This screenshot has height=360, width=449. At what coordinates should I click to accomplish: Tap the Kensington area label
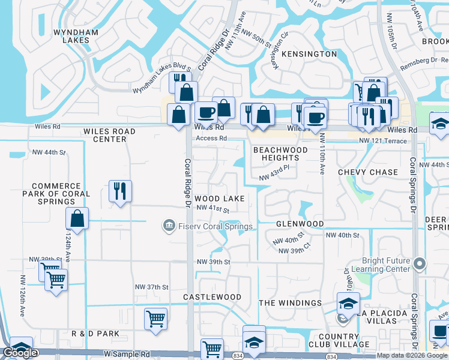coord(309,54)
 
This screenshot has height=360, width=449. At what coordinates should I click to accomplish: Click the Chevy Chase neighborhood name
coord(368,172)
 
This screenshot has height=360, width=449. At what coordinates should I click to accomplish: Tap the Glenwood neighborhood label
coord(300,224)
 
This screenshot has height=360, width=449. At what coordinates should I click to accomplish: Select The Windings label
coord(291,303)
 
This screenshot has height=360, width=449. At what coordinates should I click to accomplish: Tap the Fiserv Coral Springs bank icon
coord(169,226)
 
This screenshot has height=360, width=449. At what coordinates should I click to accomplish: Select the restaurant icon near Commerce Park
coord(119,191)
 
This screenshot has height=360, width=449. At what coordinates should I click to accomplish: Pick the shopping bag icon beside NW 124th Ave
coord(77,218)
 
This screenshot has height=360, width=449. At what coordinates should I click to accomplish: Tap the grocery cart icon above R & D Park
coord(155,318)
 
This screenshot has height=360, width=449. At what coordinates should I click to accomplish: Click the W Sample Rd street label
coord(126,355)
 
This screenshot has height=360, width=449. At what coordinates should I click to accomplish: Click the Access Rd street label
coord(211,139)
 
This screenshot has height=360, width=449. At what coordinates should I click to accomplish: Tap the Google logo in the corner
coord(20,353)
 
